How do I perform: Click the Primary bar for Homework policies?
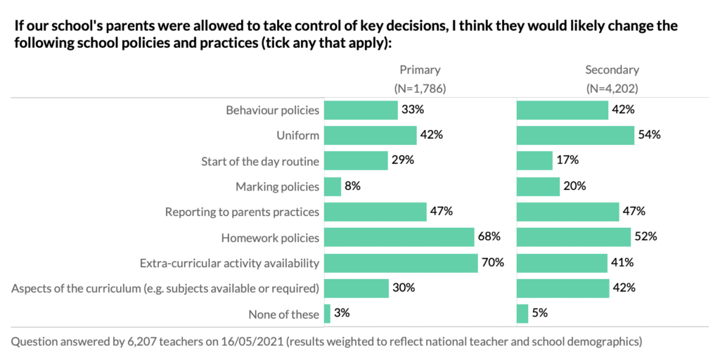click(399, 238)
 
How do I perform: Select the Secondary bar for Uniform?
click(574, 136)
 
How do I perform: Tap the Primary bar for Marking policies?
click(333, 186)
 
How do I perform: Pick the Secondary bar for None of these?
click(522, 314)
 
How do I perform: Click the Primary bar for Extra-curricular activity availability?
click(401, 263)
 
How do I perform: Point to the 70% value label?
click(494, 263)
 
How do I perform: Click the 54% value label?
click(650, 136)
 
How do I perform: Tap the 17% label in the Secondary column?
click(567, 161)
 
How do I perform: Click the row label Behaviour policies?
click(272, 110)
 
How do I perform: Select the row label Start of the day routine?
click(260, 161)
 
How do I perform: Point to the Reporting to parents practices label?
click(242, 212)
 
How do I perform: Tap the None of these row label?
click(283, 314)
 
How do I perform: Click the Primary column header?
click(420, 70)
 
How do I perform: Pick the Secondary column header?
click(612, 70)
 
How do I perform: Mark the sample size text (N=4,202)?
click(612, 89)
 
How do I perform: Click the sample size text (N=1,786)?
click(420, 89)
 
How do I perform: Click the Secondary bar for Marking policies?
click(538, 186)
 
